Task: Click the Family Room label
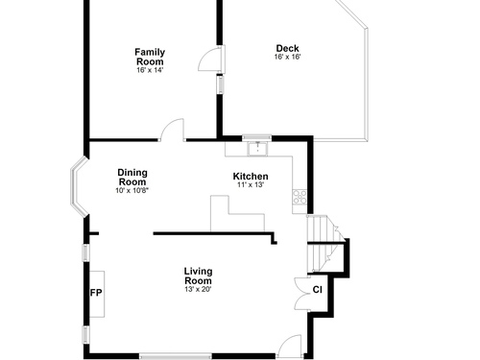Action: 150,57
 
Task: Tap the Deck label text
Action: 288,48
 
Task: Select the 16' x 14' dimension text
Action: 150,70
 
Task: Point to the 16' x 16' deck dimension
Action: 288,57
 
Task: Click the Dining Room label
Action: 132,178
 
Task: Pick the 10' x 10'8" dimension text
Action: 132,190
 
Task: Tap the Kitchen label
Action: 251,177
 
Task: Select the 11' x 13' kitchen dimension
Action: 251,184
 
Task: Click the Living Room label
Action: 198,276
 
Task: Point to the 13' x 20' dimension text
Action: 198,289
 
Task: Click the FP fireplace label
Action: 96,293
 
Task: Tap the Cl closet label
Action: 318,290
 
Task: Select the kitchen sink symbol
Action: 257,148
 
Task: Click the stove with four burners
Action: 300,197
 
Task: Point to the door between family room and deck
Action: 211,60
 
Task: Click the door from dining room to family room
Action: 173,130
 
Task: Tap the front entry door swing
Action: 290,346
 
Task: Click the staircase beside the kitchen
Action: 324,244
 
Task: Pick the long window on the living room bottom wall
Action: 176,356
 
